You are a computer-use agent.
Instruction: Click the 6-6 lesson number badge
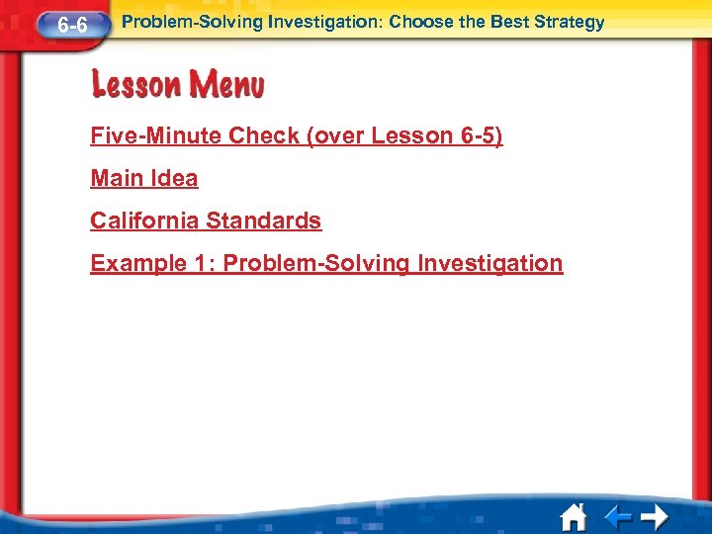(x=70, y=25)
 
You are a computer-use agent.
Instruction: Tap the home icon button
(x=573, y=516)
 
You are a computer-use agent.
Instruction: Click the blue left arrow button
(x=618, y=517)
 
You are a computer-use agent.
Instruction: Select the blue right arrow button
(x=653, y=517)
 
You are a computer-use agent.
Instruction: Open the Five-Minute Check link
(x=296, y=135)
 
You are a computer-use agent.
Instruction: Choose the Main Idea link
(x=143, y=178)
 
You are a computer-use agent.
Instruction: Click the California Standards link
(x=206, y=221)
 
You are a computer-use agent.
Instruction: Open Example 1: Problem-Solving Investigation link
(x=326, y=263)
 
